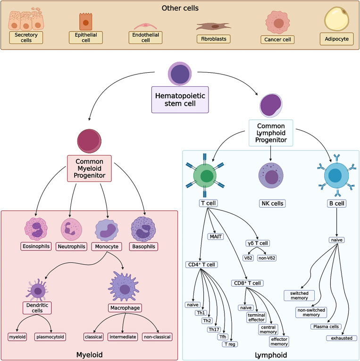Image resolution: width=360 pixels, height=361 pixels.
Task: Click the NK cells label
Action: pos(270,204)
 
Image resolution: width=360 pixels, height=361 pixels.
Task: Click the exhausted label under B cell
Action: pos(342,338)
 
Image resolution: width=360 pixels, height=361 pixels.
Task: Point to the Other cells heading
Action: pos(179,8)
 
